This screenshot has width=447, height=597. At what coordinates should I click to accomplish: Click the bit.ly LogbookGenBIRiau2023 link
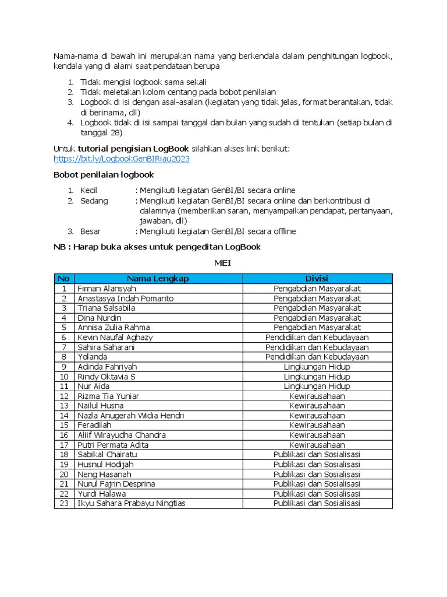click(x=121, y=159)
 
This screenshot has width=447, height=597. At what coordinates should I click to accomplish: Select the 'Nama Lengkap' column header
click(x=158, y=279)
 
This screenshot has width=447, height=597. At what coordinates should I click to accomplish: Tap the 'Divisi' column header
click(x=317, y=279)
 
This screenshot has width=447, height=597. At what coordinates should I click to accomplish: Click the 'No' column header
click(x=64, y=279)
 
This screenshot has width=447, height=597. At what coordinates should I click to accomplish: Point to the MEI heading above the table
click(x=223, y=263)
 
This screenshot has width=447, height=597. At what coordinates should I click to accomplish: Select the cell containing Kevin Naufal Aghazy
click(x=115, y=338)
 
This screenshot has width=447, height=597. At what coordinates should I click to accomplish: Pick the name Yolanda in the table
click(x=92, y=357)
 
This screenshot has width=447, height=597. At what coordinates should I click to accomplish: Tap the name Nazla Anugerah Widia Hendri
click(x=130, y=416)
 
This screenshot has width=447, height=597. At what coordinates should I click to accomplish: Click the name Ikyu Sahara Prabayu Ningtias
click(x=132, y=504)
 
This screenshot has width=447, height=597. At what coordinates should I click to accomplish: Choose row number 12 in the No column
click(x=64, y=396)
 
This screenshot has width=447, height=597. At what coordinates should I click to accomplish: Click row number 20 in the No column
click(x=64, y=475)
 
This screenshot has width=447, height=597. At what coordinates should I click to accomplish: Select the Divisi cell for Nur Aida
click(x=317, y=387)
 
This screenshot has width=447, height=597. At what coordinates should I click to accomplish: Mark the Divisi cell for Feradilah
click(x=317, y=426)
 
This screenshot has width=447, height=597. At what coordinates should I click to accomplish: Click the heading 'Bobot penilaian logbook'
click(x=104, y=174)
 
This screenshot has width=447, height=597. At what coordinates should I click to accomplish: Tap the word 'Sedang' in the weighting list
click(x=94, y=201)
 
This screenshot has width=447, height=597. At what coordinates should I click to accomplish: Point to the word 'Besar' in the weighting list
click(x=92, y=231)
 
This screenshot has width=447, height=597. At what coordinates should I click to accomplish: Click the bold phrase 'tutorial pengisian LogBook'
click(x=133, y=149)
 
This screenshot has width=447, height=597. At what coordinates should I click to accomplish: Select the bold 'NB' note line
click(x=157, y=247)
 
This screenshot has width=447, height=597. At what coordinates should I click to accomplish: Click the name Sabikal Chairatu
click(x=107, y=455)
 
